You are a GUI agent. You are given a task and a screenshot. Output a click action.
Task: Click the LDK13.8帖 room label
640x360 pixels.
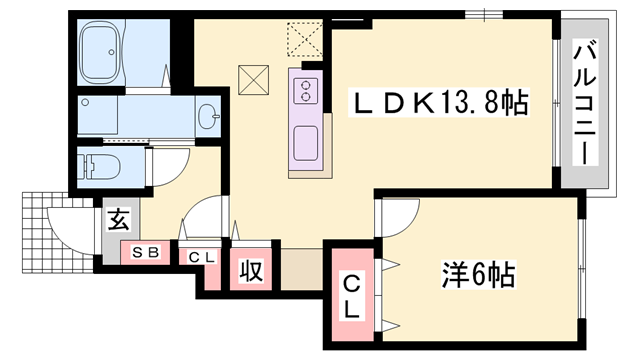tap(438, 102)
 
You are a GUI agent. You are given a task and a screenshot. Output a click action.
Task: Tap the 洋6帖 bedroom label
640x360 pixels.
tap(477, 272)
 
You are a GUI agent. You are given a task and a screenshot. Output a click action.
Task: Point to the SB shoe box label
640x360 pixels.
tap(146, 253)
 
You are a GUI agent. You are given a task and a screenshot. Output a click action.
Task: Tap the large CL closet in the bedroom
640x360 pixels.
tap(352, 296)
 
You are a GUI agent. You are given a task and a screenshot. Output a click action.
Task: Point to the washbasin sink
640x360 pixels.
tap(209, 117)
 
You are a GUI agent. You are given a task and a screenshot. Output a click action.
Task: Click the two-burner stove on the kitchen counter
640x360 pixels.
tap(304, 93)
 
